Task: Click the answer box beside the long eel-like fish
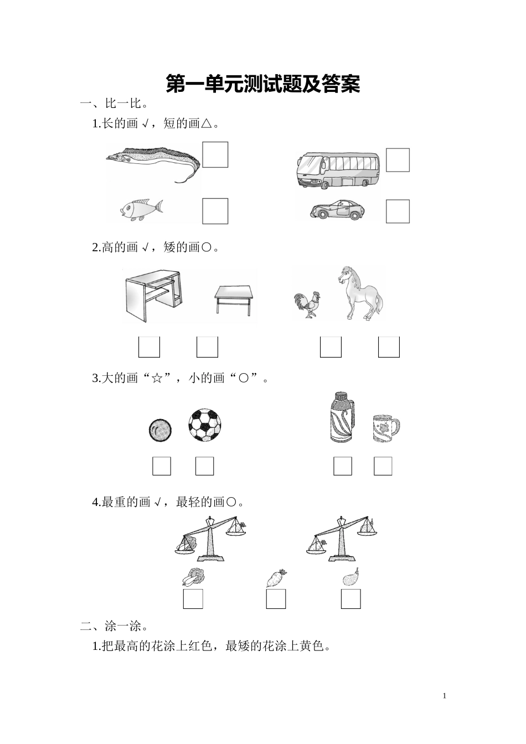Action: [215, 155]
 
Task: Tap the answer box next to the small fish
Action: [215, 211]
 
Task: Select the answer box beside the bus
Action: [398, 160]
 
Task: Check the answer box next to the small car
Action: [398, 211]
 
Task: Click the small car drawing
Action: [337, 210]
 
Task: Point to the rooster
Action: [307, 304]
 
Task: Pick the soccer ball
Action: [204, 425]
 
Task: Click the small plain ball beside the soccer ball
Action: [160, 430]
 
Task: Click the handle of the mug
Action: [395, 427]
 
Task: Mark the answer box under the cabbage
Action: [193, 599]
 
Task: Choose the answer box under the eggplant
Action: [351, 599]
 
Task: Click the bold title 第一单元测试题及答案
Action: [263, 84]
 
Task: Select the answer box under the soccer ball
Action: [204, 466]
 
